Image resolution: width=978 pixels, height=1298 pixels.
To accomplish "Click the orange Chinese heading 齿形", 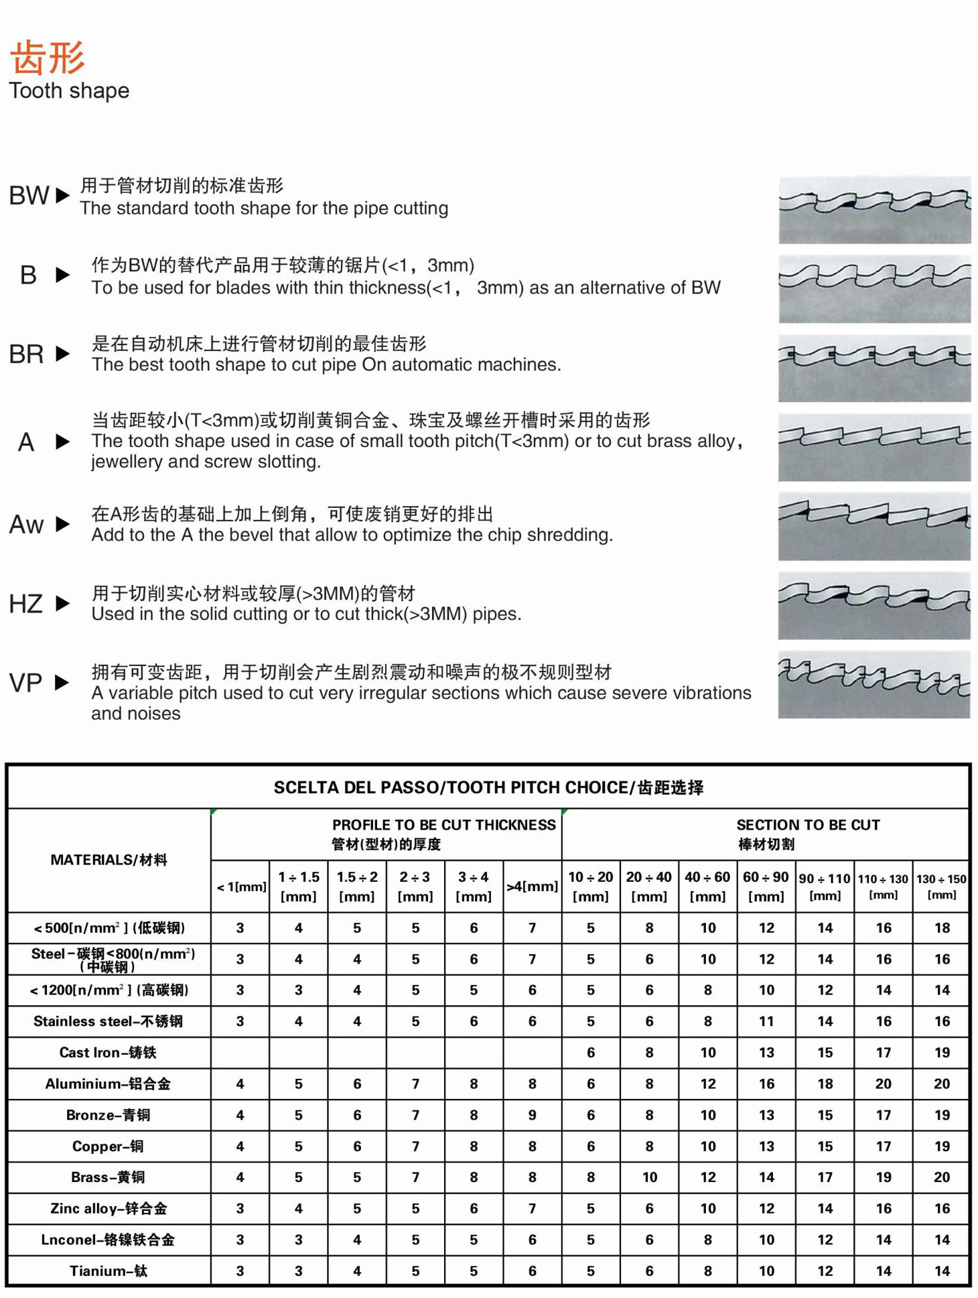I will point(48,56).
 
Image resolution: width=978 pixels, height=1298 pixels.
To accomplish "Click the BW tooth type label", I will point(29,196).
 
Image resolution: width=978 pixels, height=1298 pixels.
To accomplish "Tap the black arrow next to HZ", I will point(62,603).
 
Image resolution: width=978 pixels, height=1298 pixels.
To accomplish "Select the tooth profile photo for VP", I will point(874,685).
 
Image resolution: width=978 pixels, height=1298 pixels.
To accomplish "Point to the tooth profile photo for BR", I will point(874,368).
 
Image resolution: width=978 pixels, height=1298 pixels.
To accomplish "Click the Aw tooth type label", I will point(27,524).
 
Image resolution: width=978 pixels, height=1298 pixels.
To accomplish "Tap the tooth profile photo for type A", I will point(874,447).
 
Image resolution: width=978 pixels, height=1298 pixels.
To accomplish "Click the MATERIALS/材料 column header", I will point(109,860).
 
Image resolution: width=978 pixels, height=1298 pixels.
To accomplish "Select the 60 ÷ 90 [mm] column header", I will point(766,886).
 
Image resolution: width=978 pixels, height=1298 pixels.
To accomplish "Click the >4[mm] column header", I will point(532,886).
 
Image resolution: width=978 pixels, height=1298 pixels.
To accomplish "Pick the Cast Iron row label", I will point(108,1052).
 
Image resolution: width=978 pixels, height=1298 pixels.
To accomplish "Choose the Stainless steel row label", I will point(108,1021).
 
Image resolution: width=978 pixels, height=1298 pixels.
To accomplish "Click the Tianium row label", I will point(108,1271).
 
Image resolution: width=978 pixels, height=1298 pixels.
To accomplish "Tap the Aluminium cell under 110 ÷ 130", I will point(883,1084).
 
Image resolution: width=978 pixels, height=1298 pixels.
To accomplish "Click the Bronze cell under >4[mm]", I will point(532,1115).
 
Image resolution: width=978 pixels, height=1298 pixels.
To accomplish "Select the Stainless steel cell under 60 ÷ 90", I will point(766,1021).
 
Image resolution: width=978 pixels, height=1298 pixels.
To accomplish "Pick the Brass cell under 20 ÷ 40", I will point(649,1177).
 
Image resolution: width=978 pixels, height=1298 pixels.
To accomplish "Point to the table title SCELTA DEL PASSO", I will point(488,787).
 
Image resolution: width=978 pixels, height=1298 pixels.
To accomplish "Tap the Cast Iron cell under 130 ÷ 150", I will point(941,1052).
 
